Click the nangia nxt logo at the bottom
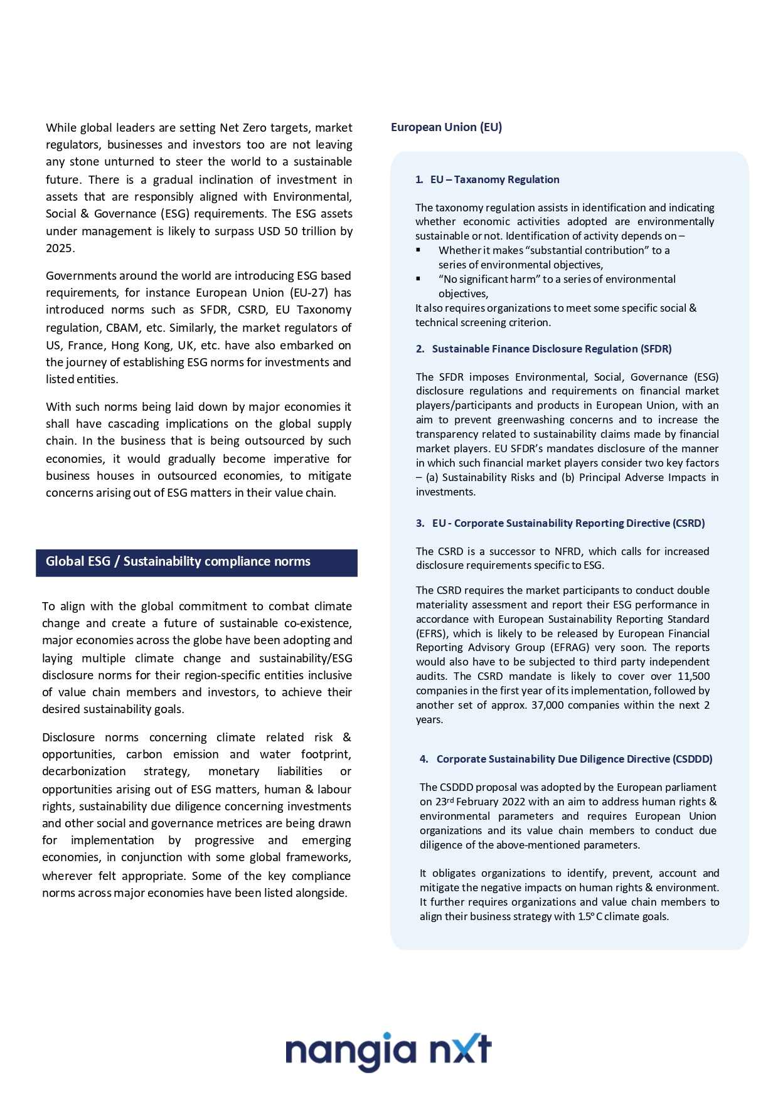[388, 1051]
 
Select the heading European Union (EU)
[446, 127]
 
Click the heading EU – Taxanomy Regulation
[494, 179]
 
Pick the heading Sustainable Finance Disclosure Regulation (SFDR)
[552, 349]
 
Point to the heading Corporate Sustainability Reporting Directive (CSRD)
[568, 523]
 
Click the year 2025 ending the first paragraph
[59, 248]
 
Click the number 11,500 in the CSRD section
[693, 676]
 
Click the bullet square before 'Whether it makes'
[418, 250]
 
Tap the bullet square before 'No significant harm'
[418, 279]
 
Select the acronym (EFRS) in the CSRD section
[432, 633]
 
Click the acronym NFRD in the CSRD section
[568, 551]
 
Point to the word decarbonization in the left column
[84, 771]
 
